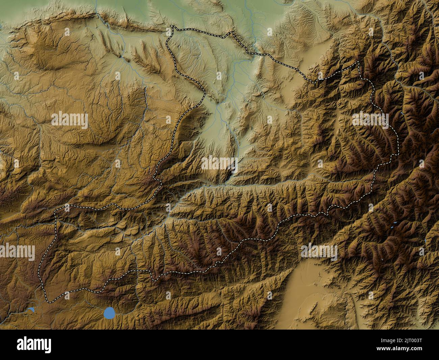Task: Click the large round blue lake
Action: [109, 312]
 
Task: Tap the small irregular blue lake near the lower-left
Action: [31, 310]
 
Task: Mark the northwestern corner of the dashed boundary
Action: [172, 26]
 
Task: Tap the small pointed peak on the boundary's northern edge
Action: [232, 32]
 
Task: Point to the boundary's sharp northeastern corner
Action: [358, 63]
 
